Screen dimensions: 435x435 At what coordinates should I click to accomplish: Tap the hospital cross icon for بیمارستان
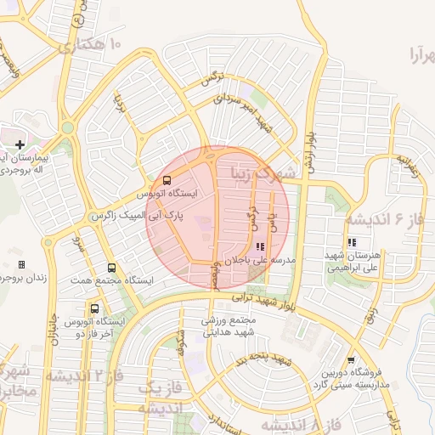(x=20, y=145)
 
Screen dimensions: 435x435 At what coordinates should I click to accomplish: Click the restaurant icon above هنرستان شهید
(x=351, y=240)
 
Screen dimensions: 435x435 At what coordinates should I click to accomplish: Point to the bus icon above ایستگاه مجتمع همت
(x=112, y=268)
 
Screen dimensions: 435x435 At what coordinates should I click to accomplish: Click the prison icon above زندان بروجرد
(x=21, y=265)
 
